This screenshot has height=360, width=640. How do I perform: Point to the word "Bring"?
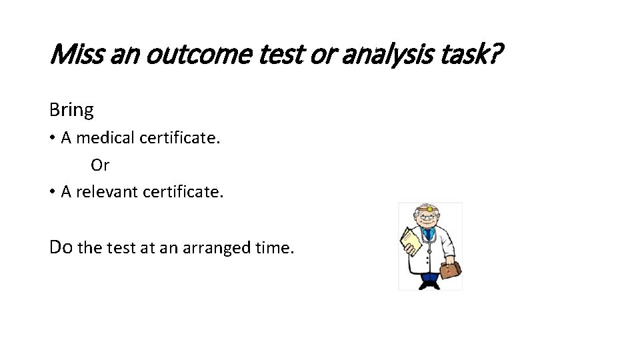[71, 109]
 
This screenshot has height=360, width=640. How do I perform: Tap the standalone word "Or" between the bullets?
[100, 165]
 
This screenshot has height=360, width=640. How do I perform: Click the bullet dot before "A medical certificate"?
[53, 139]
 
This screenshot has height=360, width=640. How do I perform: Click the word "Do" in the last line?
[61, 247]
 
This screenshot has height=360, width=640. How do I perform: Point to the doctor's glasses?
[426, 219]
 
